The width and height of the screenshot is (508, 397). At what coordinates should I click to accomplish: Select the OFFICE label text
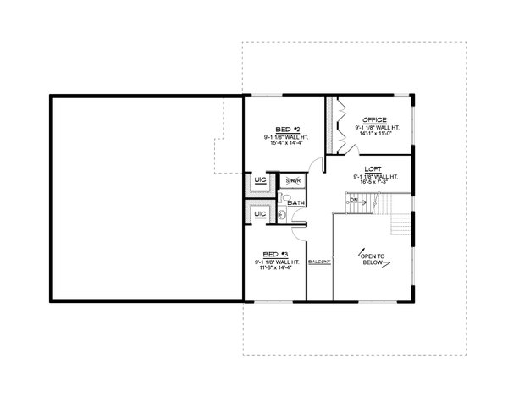pos(375,120)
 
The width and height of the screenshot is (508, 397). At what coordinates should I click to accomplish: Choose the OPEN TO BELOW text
pos(373,258)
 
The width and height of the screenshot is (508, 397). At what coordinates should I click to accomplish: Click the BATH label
pos(295,203)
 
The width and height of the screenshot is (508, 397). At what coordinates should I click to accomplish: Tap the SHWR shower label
pos(294,181)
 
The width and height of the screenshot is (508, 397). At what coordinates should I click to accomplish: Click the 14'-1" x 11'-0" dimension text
pos(375,134)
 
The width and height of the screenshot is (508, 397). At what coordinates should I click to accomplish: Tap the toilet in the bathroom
pos(285,197)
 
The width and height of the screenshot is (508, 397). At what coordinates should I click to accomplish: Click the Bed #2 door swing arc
pos(314,166)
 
